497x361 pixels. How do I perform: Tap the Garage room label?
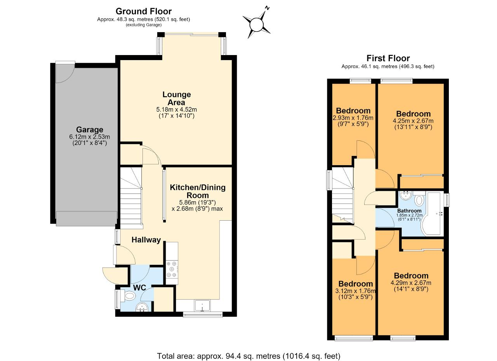pyautogui.click(x=89, y=130)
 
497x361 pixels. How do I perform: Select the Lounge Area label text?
pyautogui.click(x=176, y=98)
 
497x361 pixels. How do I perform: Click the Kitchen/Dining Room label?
pyautogui.click(x=198, y=192)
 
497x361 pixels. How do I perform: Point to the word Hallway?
pyautogui.click(x=146, y=240)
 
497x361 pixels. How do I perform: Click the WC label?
pyautogui.click(x=139, y=288)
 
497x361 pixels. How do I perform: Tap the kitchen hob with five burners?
pyautogui.click(x=172, y=269)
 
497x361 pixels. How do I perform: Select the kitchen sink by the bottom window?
pyautogui.click(x=202, y=306)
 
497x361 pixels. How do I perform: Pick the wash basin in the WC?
pyautogui.click(x=142, y=307)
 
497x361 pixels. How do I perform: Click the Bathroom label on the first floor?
pyautogui.click(x=409, y=211)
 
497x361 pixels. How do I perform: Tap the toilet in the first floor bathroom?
pyautogui.click(x=419, y=199)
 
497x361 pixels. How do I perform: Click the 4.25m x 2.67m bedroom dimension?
pyautogui.click(x=413, y=121)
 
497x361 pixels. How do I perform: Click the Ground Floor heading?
pyautogui.click(x=144, y=11)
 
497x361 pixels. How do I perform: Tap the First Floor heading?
pyautogui.click(x=388, y=58)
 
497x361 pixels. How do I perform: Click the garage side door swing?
pyautogui.click(x=65, y=73)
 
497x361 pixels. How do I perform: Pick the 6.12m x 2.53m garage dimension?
pyautogui.click(x=89, y=137)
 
